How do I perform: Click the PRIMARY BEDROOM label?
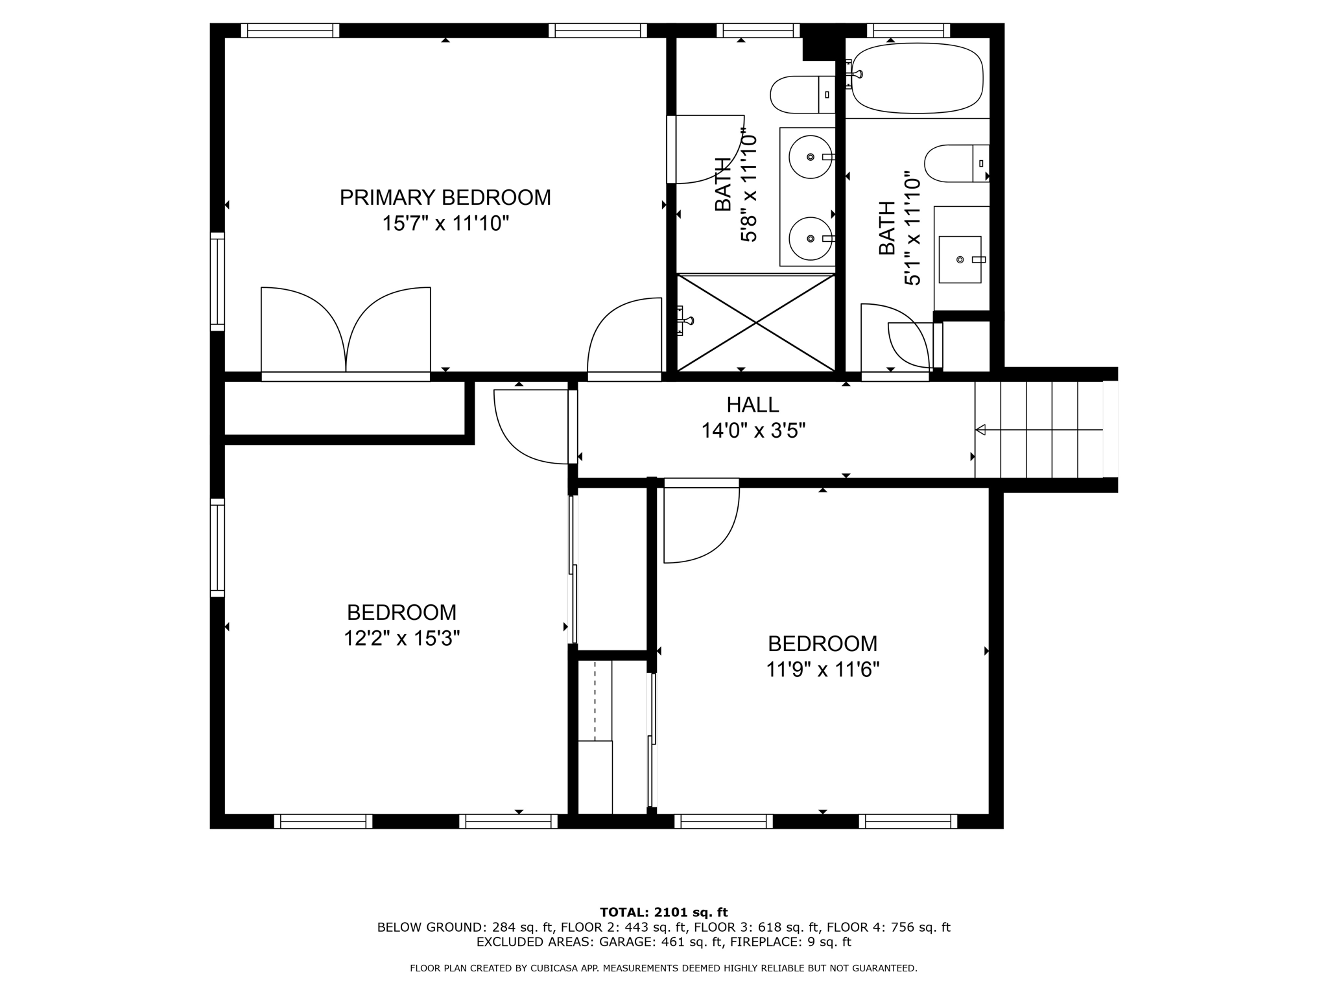click(x=445, y=197)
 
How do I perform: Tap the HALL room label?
click(x=752, y=405)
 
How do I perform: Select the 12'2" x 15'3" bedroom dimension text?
click(x=401, y=639)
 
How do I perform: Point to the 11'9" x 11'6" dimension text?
click(x=822, y=669)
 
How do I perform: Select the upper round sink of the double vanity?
click(x=810, y=157)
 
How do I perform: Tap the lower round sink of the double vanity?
click(x=810, y=238)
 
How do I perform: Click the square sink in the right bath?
click(x=960, y=259)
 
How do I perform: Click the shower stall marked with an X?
click(x=756, y=322)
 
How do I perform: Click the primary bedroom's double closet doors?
click(x=346, y=331)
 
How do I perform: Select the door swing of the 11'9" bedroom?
click(x=700, y=522)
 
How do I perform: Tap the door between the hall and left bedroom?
click(x=532, y=426)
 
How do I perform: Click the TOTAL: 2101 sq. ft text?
click(x=663, y=912)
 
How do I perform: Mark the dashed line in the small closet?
click(x=595, y=700)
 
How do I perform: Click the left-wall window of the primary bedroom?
click(x=217, y=281)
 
